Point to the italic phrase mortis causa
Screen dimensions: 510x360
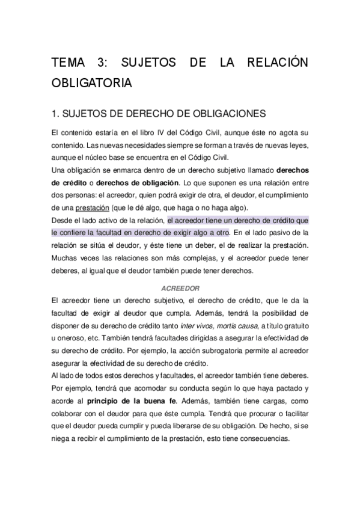[x=239, y=326]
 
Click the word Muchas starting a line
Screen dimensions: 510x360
[x=65, y=258]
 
